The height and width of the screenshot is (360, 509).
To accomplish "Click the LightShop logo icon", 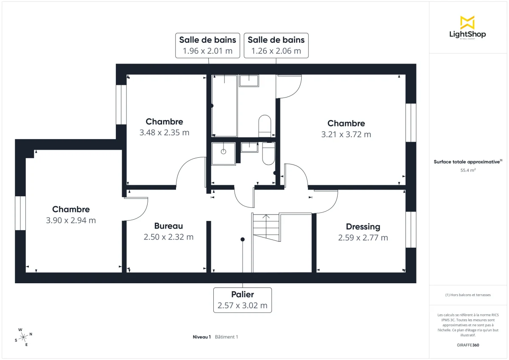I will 467,22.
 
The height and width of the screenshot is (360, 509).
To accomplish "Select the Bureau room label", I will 168,226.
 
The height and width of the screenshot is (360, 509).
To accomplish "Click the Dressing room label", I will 363,226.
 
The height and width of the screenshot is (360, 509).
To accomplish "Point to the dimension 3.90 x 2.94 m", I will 71,220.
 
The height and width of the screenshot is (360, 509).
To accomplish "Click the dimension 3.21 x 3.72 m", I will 346,134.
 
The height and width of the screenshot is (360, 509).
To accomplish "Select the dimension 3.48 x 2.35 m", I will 164,132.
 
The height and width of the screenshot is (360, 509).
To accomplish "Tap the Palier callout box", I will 242,300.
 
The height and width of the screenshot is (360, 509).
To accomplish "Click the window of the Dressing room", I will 411,229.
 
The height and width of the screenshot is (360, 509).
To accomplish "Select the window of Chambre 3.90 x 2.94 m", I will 20,213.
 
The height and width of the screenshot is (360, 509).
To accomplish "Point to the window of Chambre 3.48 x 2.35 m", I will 121,105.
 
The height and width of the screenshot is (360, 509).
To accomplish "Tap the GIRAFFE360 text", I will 467,345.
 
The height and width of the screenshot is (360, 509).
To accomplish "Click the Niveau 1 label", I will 202,337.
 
